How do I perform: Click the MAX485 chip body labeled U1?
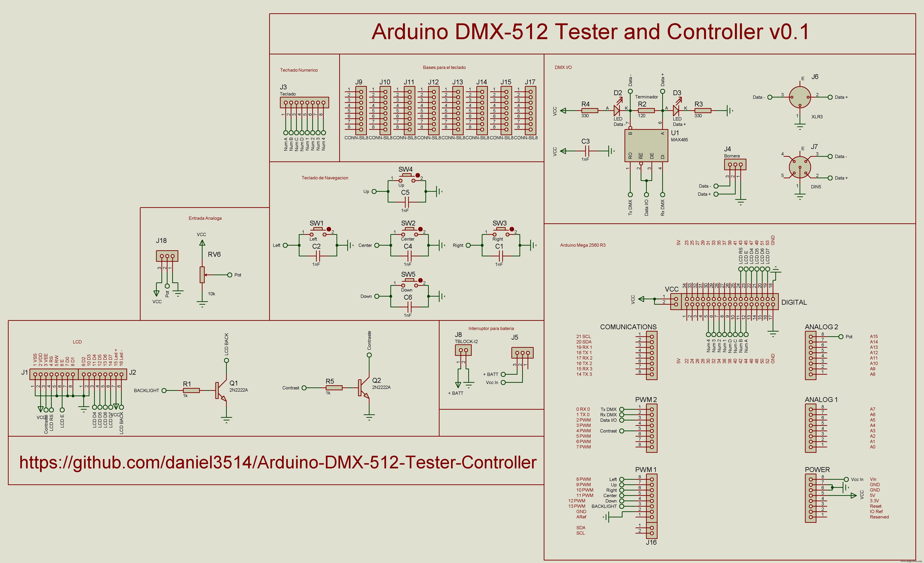click(646, 145)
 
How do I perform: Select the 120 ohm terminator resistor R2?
click(646, 111)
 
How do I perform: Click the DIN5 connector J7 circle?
click(800, 167)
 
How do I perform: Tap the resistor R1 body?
click(191, 390)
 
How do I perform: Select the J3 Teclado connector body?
click(304, 102)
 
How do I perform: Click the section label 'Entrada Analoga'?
click(205, 218)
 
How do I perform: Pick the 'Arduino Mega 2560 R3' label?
click(583, 245)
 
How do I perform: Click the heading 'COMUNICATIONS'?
click(628, 327)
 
